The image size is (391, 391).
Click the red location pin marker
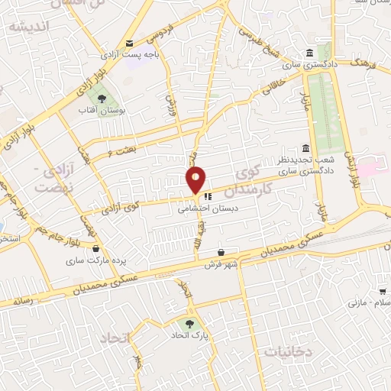pos(196,179)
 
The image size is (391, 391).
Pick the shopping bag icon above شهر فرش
pos(221,252)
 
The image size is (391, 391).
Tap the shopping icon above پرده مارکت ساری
pos(95,248)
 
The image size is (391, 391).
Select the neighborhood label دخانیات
pos(289,351)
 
